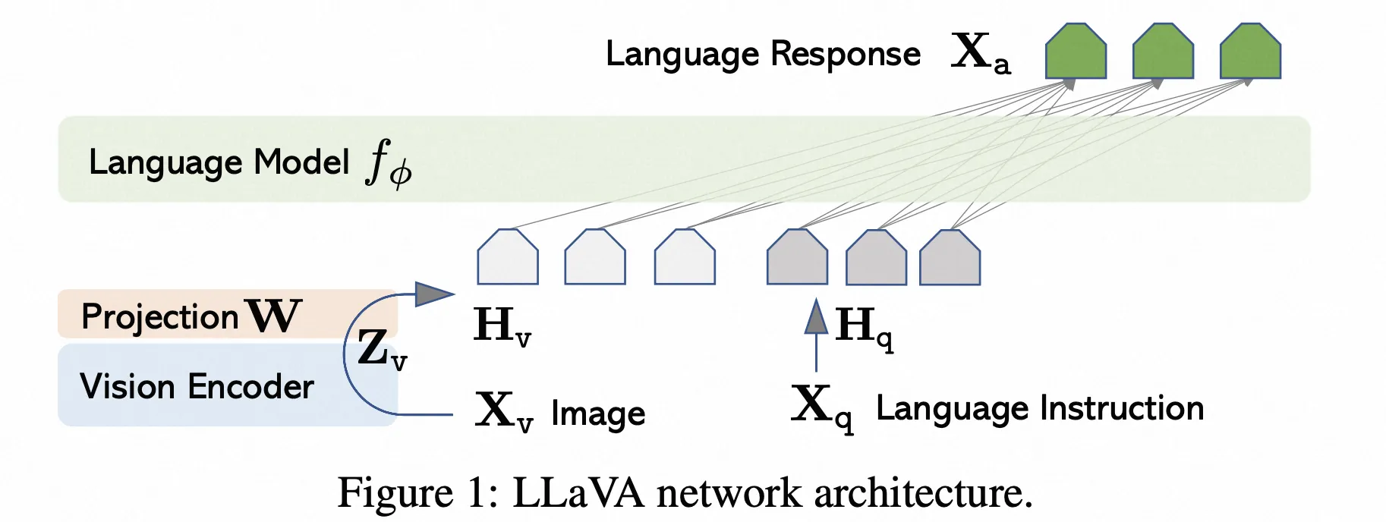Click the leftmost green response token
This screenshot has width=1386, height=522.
[x=1076, y=52]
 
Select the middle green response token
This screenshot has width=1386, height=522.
[x=1163, y=52]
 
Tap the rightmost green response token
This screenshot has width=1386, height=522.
[x=1250, y=52]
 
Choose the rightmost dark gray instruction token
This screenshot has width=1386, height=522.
[x=950, y=259]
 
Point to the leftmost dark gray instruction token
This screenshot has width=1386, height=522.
[x=797, y=259]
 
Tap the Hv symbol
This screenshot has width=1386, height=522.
[x=502, y=326]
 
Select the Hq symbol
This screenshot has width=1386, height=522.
[x=864, y=328]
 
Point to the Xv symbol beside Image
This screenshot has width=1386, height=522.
[x=503, y=412]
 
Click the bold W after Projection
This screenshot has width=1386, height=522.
[x=274, y=315]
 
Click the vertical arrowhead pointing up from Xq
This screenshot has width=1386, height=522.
[x=816, y=316]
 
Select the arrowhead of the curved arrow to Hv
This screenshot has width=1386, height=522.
[x=434, y=294]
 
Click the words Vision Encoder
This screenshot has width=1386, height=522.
[x=197, y=386]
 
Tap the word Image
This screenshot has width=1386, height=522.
[x=598, y=414]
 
